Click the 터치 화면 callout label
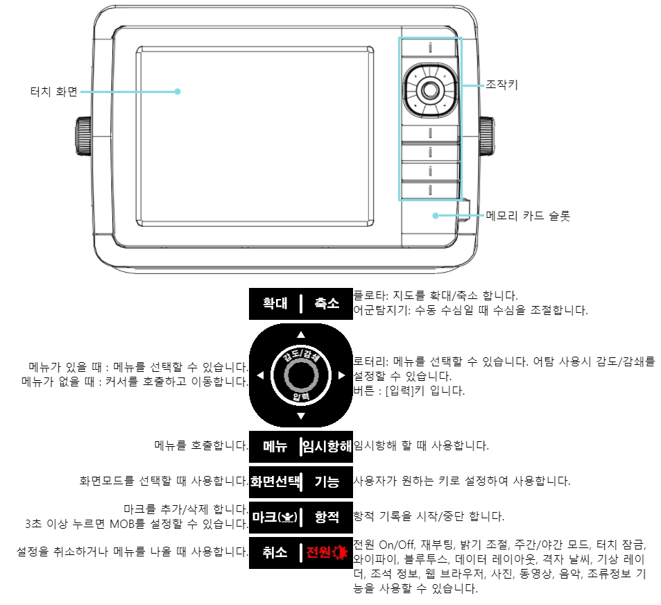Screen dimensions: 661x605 (54, 92)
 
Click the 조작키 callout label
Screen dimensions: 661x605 (501, 85)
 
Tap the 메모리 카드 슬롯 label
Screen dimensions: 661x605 (528, 216)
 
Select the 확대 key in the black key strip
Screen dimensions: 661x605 (275, 304)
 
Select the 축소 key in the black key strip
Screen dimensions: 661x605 (327, 304)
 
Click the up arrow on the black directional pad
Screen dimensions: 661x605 (301, 334)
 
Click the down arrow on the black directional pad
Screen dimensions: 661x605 (301, 416)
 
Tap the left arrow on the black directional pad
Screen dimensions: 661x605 (260, 375)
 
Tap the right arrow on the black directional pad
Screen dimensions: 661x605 (342, 375)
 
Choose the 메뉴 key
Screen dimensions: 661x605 (275, 447)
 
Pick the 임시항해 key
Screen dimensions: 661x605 (327, 447)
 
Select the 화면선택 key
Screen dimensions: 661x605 (275, 482)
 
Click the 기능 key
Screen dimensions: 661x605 (327, 482)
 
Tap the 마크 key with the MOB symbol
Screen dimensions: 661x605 (275, 518)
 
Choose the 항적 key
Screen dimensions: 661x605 (327, 518)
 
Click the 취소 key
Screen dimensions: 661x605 (275, 553)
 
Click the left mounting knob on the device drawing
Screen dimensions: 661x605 (83, 136)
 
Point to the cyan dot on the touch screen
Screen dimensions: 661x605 (178, 92)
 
